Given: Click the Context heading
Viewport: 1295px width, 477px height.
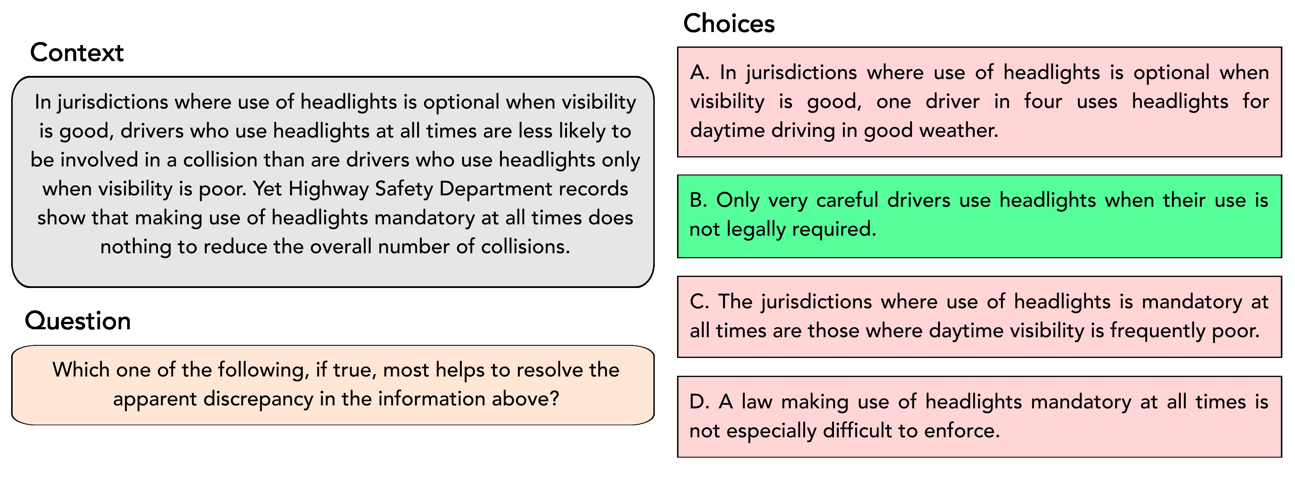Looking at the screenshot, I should pos(77,53).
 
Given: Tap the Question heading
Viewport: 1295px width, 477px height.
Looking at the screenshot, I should pos(78,321).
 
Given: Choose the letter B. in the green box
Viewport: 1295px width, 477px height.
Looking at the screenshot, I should pos(698,200).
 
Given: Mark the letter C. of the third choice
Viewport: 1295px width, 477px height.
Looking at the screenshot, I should pos(699,302).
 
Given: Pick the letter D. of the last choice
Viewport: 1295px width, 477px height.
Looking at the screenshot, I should pos(699,402).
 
